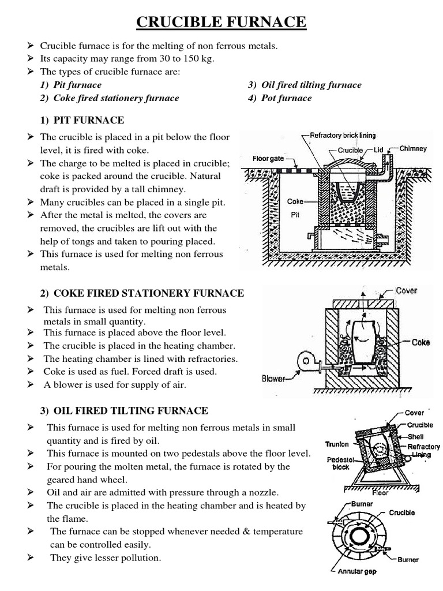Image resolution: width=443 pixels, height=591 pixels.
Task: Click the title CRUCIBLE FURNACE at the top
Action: pos(221,23)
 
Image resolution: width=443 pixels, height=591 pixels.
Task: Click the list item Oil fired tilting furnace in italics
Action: pos(311,85)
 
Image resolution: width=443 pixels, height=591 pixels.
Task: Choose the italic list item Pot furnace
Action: pos(286,98)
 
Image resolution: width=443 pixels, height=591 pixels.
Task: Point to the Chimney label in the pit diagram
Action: pos(413,148)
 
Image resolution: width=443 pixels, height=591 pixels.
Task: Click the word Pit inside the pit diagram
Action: pos(295,214)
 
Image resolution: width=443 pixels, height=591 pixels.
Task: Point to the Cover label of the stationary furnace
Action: pos(407,291)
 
